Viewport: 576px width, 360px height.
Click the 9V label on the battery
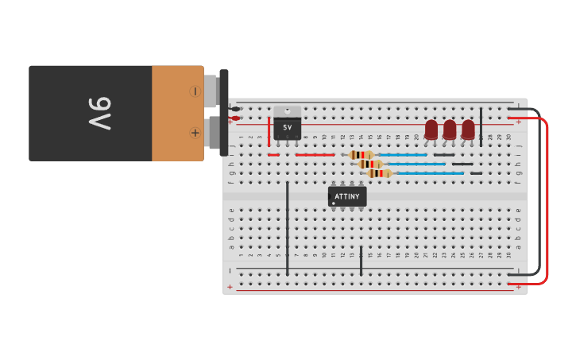pos(99,114)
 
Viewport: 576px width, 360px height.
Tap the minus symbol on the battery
pos(195,91)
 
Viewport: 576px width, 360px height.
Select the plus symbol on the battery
pos(195,133)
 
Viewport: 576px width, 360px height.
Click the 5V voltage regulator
pos(287,126)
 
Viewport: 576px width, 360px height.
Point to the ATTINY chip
pos(347,196)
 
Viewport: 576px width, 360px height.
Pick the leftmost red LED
pos(431,129)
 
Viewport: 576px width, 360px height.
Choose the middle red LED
pos(450,129)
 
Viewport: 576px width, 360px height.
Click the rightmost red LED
pos(468,129)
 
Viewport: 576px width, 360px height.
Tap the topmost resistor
pos(361,155)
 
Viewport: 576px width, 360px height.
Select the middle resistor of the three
pos(370,164)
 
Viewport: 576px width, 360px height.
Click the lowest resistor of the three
pos(380,173)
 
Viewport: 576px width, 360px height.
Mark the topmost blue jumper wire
pos(401,155)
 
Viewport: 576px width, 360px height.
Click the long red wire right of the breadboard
pos(547,199)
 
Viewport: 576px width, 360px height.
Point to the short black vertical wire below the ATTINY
pos(361,261)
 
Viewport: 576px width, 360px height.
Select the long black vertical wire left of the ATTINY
pos(288,226)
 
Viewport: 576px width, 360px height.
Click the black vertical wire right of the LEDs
pos(481,127)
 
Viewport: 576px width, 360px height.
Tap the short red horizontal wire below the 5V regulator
pos(314,155)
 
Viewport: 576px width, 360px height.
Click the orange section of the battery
pos(176,113)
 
